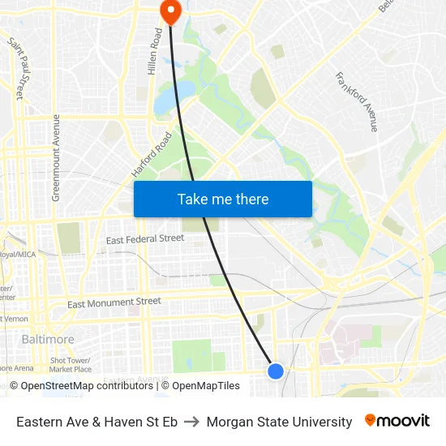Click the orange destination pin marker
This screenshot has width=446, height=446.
(171, 11)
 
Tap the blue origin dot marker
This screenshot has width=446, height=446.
(276, 371)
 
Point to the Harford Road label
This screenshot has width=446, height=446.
(152, 155)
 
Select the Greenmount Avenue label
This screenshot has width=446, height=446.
(56, 157)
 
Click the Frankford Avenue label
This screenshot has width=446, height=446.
(357, 101)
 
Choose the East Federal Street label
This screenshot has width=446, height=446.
(145, 239)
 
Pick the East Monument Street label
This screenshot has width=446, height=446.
(114, 302)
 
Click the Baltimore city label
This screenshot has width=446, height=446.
(48, 339)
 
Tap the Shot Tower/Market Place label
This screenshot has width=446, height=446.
(71, 365)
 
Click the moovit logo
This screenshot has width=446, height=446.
(397, 421)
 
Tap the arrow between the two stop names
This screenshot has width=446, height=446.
(192, 422)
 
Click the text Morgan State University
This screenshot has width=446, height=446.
(279, 422)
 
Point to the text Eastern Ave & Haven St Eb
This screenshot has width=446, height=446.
(96, 422)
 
